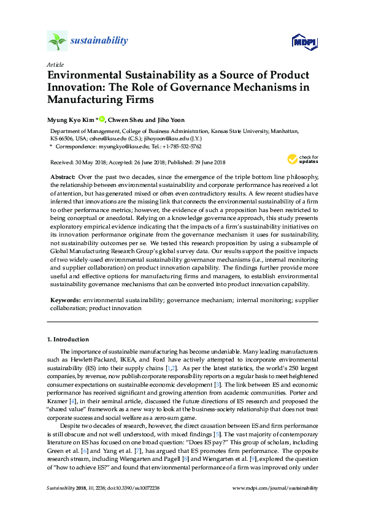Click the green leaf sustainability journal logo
pyautogui.click(x=56, y=40)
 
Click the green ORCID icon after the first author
pyautogui.click(x=102, y=118)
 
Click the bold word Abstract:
pyautogui.click(x=63, y=176)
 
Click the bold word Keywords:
pyautogui.click(x=65, y=300)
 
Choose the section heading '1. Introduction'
pyautogui.click(x=68, y=339)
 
